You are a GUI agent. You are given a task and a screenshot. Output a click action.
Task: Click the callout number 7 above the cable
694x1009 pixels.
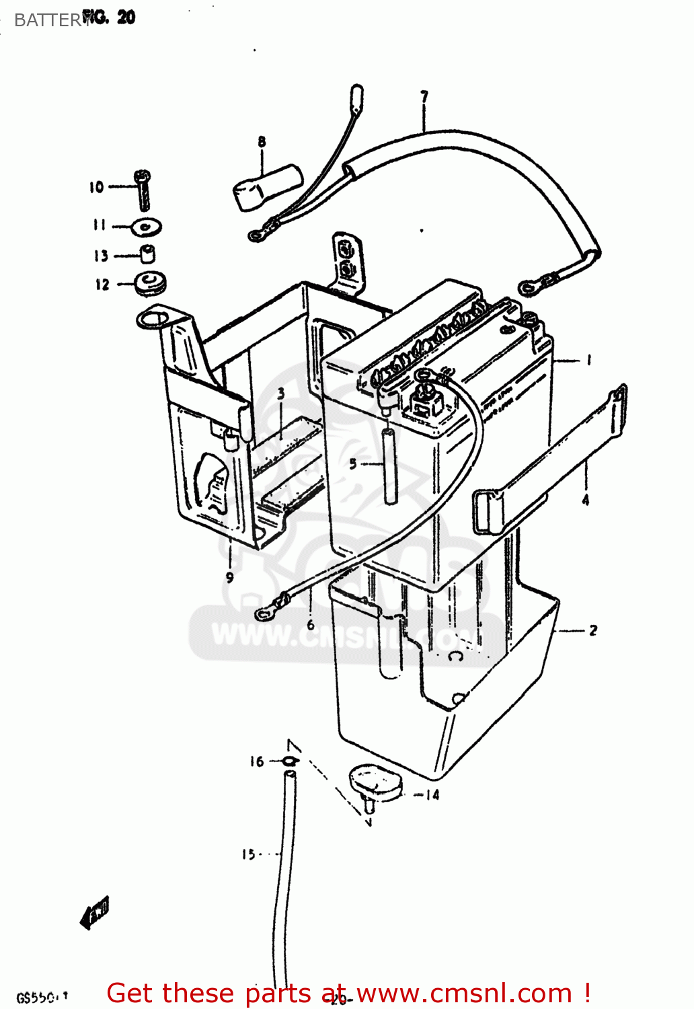pyautogui.click(x=424, y=97)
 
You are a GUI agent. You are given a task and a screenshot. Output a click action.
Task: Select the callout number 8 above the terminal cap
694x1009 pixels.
pyautogui.click(x=262, y=141)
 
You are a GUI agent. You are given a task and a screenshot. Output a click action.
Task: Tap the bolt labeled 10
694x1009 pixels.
pyautogui.click(x=143, y=189)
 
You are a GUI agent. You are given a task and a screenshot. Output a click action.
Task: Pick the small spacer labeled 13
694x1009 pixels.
pyautogui.click(x=147, y=254)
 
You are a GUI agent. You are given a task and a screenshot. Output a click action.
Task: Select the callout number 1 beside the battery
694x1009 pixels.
pyautogui.click(x=588, y=361)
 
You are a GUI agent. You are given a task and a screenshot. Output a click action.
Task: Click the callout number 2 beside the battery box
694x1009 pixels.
pyautogui.click(x=592, y=630)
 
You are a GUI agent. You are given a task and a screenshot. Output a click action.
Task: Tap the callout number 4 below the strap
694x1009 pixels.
pyautogui.click(x=585, y=500)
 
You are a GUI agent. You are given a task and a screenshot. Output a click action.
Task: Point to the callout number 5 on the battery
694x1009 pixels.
pyautogui.click(x=353, y=463)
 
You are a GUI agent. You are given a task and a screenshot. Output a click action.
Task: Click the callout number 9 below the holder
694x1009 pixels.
pyautogui.click(x=229, y=577)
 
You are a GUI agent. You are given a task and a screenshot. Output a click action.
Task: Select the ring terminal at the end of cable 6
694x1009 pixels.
pyautogui.click(x=264, y=613)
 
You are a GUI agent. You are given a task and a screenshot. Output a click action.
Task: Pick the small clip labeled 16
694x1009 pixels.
pyautogui.click(x=289, y=761)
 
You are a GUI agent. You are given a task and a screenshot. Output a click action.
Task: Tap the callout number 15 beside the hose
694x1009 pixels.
pyautogui.click(x=248, y=854)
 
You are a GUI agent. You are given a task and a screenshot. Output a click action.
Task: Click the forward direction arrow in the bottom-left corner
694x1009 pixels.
pyautogui.click(x=94, y=913)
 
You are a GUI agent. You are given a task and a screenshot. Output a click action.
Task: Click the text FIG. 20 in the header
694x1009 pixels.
pyautogui.click(x=109, y=17)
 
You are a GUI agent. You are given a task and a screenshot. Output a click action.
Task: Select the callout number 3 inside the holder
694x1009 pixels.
pyautogui.click(x=280, y=394)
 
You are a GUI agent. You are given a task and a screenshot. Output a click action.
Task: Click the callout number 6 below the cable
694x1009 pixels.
pyautogui.click(x=310, y=625)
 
